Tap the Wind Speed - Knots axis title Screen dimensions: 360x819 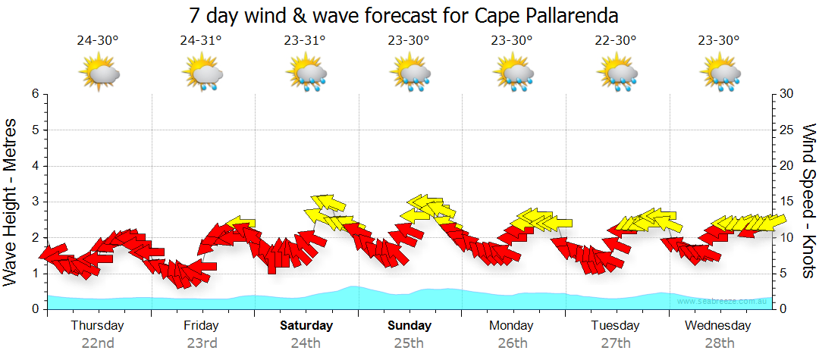pos(808,202)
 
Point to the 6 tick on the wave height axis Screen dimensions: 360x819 pos(35,94)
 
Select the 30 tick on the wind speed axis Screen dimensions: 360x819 pos(787,94)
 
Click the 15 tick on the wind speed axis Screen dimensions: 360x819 pos(787,202)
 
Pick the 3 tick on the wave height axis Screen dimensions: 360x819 pos(35,202)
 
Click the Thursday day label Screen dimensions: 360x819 pos(98,326)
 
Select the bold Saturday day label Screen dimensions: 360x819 pos(306,326)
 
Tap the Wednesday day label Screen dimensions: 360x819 pos(717,326)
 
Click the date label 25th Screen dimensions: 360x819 pos(409,343)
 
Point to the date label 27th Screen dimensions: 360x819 pos(616,343)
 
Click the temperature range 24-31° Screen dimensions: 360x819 pos(201,41)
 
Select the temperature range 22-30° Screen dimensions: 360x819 pos(616,41)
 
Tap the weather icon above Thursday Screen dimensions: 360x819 pos(99,74)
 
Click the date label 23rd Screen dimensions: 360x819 pos(202,343)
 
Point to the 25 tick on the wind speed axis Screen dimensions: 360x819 pos(787,130)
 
